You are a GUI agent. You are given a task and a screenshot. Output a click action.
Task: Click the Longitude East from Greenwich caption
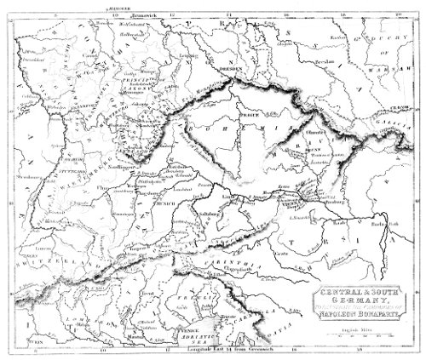(x=211, y=348)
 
